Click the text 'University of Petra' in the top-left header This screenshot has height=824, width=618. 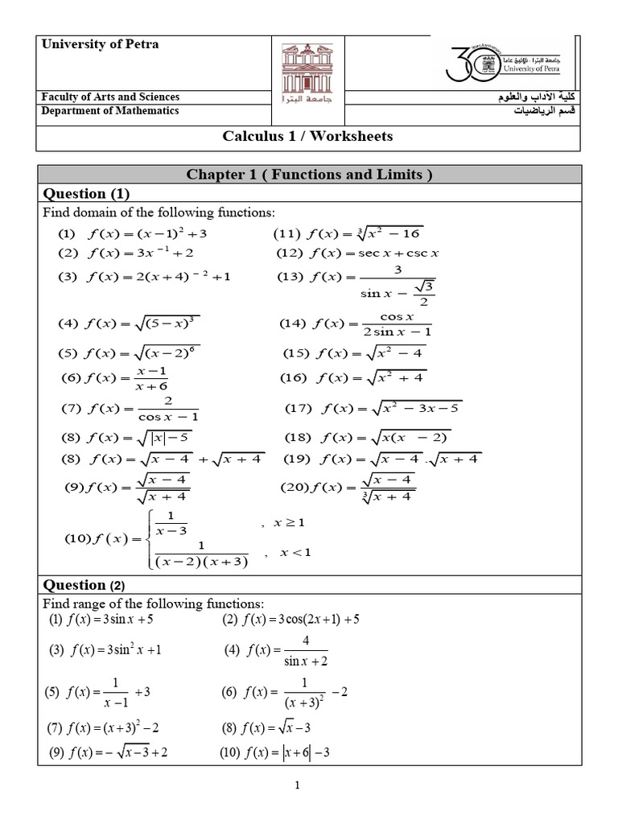pos(100,45)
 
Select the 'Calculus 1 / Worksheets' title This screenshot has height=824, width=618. pos(307,136)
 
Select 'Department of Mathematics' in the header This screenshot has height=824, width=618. pos(110,111)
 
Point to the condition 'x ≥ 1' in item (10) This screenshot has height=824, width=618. pos(290,523)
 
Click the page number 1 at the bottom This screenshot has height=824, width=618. pos(297,786)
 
